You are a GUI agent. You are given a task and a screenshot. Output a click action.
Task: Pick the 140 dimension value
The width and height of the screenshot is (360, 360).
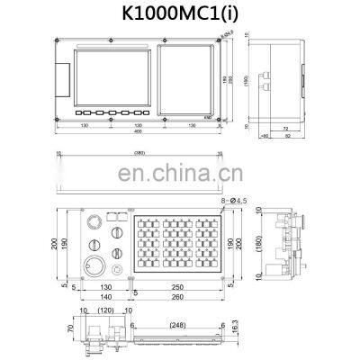pos(105,296)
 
